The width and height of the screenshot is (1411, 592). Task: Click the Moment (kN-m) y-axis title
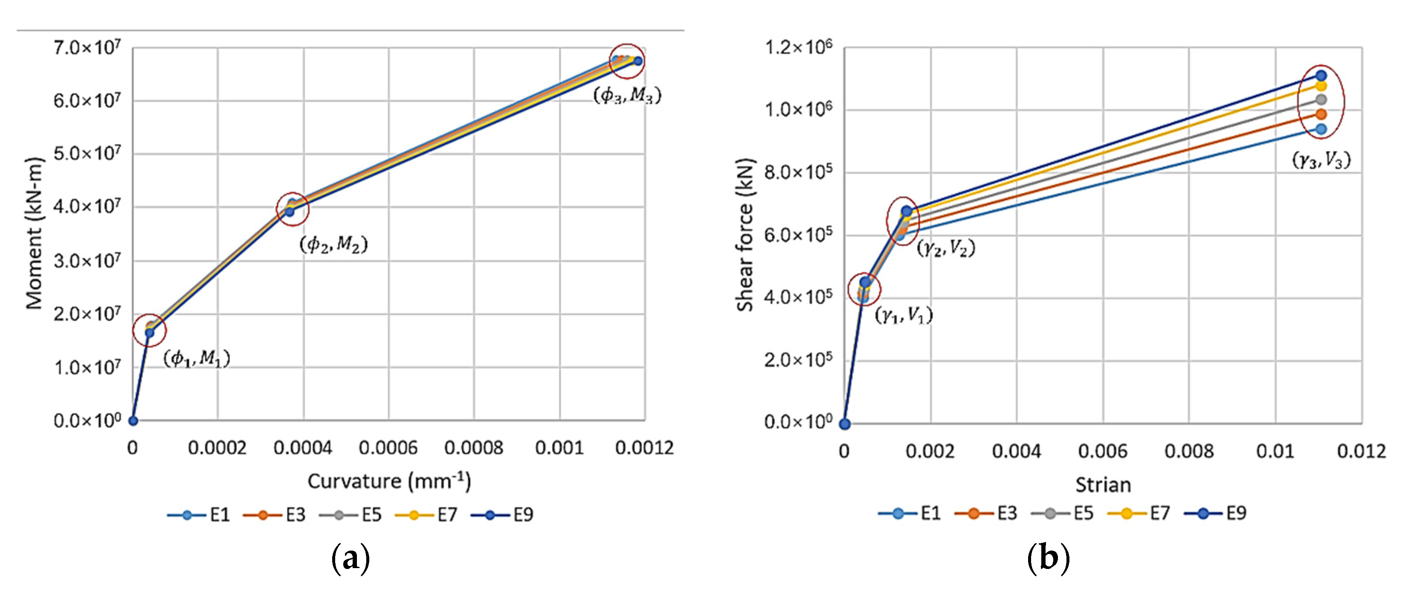point(34,233)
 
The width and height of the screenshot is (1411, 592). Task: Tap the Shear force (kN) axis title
point(745,235)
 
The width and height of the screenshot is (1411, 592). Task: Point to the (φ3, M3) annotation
point(628,95)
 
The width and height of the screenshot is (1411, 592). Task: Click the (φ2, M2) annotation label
point(333,244)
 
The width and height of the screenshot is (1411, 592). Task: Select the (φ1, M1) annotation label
point(197,359)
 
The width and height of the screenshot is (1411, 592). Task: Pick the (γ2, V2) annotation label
point(946,248)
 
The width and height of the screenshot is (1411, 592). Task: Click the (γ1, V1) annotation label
point(904,315)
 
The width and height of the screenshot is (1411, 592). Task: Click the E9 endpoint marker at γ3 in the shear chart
point(1321,76)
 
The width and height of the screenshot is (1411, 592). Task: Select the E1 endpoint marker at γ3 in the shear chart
point(1321,129)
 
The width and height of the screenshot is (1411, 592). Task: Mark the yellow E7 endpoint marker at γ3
point(1321,86)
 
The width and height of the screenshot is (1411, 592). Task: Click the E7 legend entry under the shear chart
point(1139,513)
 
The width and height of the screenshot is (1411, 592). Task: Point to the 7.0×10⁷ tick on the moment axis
point(87,48)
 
